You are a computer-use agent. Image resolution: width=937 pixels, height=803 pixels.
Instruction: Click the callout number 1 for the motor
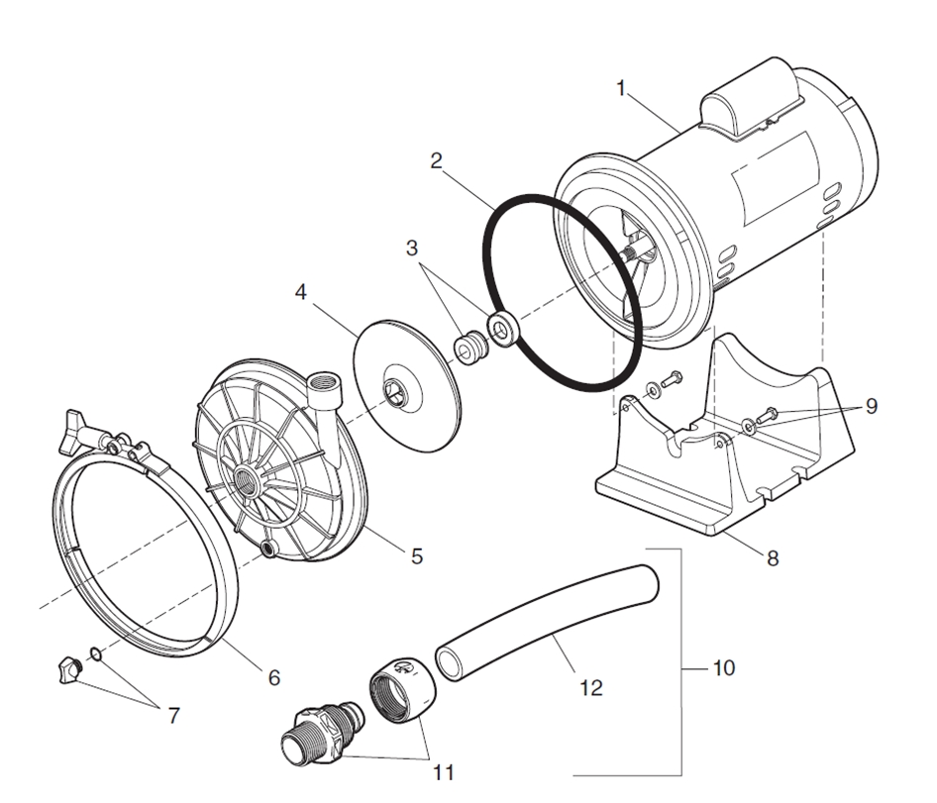tap(621, 89)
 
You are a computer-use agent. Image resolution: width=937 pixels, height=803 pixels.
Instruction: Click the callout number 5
tap(416, 557)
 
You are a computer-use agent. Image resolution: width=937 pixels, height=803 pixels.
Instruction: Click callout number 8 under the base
tap(772, 558)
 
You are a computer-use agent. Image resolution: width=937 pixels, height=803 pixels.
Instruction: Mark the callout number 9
tap(870, 406)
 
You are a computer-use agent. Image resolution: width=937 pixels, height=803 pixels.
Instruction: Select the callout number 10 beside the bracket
tap(723, 668)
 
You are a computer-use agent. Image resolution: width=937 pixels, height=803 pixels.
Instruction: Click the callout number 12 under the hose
tap(590, 687)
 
